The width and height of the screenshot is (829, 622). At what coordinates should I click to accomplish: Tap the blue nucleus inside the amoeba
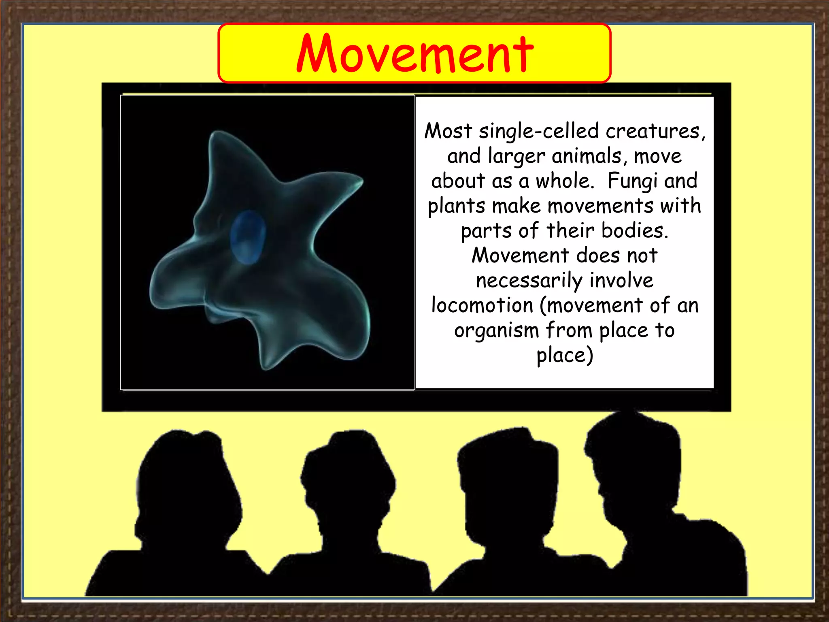tap(248, 237)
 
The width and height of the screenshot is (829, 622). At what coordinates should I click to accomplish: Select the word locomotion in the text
tap(482, 305)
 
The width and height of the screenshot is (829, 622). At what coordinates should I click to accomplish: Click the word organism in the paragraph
tap(497, 330)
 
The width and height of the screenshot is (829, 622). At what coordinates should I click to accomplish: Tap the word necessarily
tap(529, 280)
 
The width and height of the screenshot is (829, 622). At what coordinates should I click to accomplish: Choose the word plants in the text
tap(456, 206)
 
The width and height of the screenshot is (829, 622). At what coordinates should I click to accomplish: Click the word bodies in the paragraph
tap(634, 230)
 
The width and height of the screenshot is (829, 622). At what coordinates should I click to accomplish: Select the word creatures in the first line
tap(655, 131)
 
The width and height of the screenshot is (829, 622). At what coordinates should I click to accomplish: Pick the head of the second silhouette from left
tap(348, 478)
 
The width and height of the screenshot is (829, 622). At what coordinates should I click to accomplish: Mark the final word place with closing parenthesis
tap(565, 355)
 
